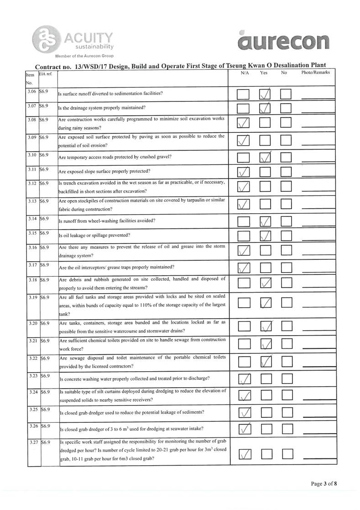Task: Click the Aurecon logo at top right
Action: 283,41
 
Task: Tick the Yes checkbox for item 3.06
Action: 265,95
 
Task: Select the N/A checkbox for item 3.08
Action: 244,123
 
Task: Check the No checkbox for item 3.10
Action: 286,158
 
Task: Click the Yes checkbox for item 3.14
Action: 265,222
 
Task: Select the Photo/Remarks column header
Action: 315,73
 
